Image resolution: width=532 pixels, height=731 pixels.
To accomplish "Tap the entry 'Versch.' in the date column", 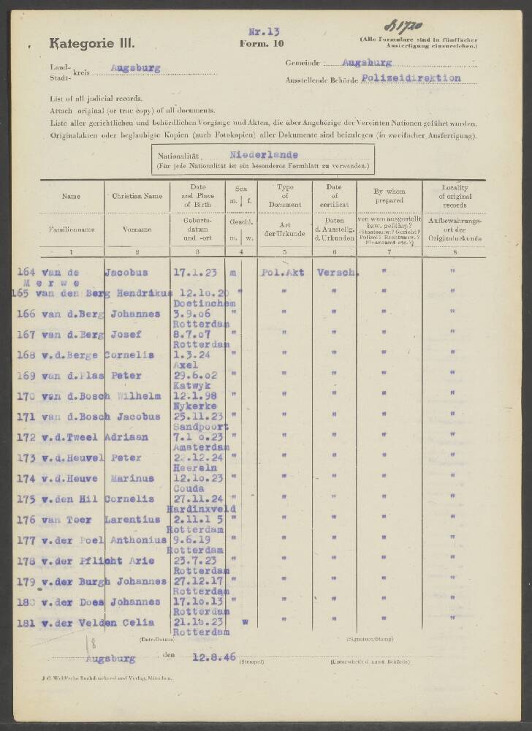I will point(338,272).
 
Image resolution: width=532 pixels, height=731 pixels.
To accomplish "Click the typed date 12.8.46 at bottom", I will point(213,658).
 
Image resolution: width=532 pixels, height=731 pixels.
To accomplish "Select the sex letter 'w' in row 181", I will point(245,622).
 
